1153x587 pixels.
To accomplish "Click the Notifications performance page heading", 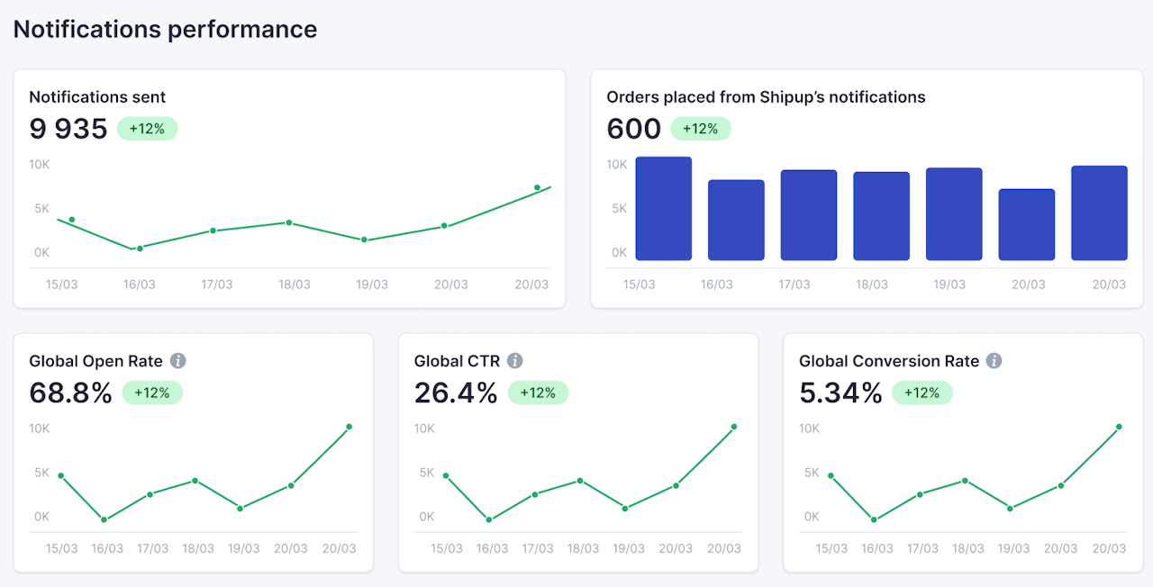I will (x=165, y=29).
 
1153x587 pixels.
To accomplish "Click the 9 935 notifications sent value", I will (x=68, y=129).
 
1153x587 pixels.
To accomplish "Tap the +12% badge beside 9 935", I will (x=147, y=129).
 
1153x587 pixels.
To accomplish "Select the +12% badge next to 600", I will (x=700, y=129).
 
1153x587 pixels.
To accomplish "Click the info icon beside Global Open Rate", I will (x=178, y=361).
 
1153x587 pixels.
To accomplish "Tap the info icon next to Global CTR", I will (x=514, y=361).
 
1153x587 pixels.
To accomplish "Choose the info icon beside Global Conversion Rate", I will (x=994, y=361).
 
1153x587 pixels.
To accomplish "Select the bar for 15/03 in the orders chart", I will (x=664, y=209).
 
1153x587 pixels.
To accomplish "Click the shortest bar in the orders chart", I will (x=1026, y=225).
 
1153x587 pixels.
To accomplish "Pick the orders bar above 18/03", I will (x=881, y=216).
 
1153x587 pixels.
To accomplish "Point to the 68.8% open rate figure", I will (x=70, y=393).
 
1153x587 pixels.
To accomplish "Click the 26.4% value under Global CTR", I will (x=456, y=393).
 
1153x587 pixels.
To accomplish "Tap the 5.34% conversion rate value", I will (x=840, y=393).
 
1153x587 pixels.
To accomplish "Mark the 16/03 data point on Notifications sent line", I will (x=140, y=248).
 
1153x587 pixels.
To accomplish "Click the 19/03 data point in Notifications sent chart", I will (x=364, y=239).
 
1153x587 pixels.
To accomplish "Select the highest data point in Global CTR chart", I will (x=734, y=427).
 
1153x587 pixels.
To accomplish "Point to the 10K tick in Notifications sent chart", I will (x=39, y=165).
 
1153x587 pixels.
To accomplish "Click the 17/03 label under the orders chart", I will (x=794, y=284).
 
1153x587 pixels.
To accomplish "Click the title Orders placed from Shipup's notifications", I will (x=766, y=97).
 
